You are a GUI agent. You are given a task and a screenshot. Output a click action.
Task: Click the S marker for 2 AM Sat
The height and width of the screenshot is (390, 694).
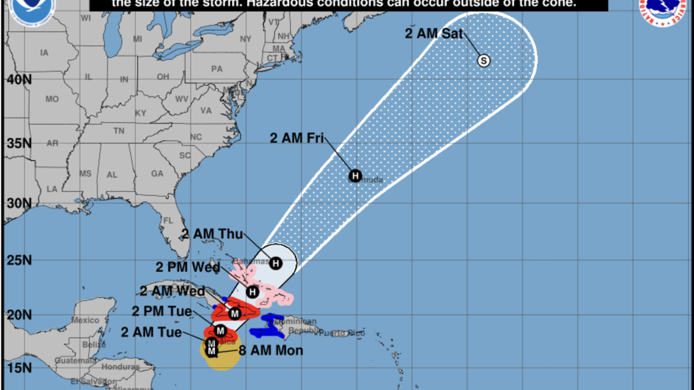tap(484, 60)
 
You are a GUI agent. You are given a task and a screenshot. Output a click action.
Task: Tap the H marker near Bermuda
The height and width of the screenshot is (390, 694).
tap(356, 176)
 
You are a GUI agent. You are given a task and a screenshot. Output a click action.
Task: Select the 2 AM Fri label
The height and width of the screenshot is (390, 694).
tap(297, 138)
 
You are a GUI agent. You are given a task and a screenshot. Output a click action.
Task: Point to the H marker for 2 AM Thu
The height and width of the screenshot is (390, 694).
tap(276, 263)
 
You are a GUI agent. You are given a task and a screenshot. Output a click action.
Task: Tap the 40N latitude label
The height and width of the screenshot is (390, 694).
tap(19, 80)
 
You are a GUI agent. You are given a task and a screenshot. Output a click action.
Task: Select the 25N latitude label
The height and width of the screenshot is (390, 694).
tap(19, 260)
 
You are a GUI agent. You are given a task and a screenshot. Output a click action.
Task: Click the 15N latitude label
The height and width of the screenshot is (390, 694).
tap(19, 367)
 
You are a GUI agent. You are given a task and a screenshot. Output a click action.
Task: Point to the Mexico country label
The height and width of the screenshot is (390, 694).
tap(85, 320)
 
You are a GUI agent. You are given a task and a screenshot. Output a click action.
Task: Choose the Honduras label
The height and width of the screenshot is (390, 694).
tap(120, 367)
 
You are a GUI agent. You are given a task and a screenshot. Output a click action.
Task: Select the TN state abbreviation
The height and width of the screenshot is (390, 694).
tap(119, 131)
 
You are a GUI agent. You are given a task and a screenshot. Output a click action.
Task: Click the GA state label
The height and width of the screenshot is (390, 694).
tap(157, 173)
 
